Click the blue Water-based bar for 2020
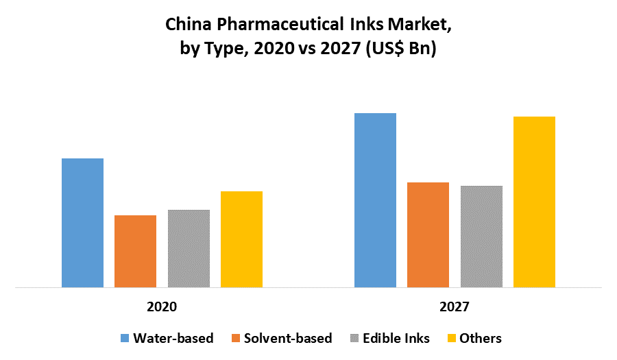[82, 223]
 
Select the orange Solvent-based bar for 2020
[135, 251]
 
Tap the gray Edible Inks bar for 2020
[189, 248]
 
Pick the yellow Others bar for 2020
[241, 239]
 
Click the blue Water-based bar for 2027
[375, 200]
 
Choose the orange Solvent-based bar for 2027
[428, 235]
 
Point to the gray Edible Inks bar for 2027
[481, 236]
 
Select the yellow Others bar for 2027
[534, 202]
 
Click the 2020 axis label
[162, 307]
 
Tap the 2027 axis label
[455, 307]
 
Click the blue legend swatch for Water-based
[125, 338]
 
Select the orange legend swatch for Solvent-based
[235, 338]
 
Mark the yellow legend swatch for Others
[450, 338]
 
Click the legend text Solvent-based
[288, 338]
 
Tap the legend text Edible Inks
[396, 338]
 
